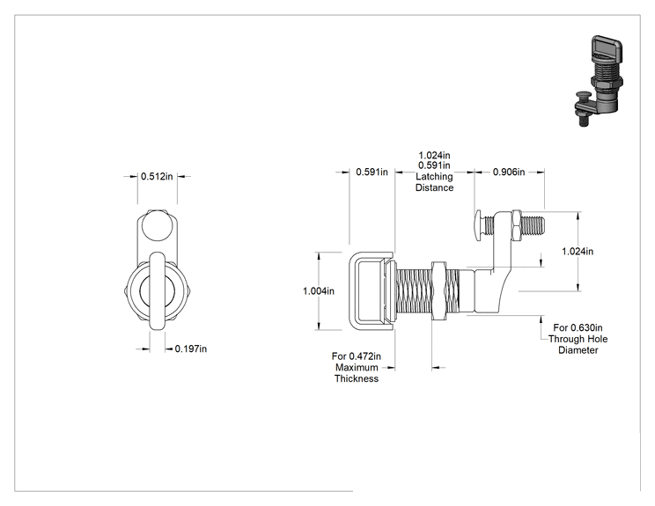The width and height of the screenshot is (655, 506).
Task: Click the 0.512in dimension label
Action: tap(157, 176)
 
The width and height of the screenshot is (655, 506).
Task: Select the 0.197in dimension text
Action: tap(191, 348)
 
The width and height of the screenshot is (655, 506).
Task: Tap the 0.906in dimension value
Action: tap(509, 172)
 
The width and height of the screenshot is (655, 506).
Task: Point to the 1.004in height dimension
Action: tap(319, 291)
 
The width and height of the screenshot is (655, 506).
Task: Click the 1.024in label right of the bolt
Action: tap(578, 252)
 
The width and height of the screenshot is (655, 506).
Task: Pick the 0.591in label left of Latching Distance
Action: tap(372, 172)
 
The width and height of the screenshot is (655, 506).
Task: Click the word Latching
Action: tap(434, 177)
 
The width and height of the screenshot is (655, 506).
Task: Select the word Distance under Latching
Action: tap(434, 187)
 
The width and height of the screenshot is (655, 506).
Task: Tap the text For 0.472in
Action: tap(357, 356)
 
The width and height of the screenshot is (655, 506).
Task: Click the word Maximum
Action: tap(357, 367)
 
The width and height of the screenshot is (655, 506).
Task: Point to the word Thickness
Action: tap(357, 378)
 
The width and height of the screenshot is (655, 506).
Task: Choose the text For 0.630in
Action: tap(578, 327)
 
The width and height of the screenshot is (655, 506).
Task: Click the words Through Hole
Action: tap(578, 339)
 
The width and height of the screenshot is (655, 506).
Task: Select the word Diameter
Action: tap(578, 350)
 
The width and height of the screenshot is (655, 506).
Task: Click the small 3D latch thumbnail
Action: tap(597, 81)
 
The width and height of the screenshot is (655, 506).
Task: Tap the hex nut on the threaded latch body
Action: tap(438, 290)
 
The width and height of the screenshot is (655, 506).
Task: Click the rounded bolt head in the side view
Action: tap(478, 224)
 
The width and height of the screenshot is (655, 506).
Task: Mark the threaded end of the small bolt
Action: tap(533, 225)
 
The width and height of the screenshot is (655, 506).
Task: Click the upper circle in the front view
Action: tap(158, 225)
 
